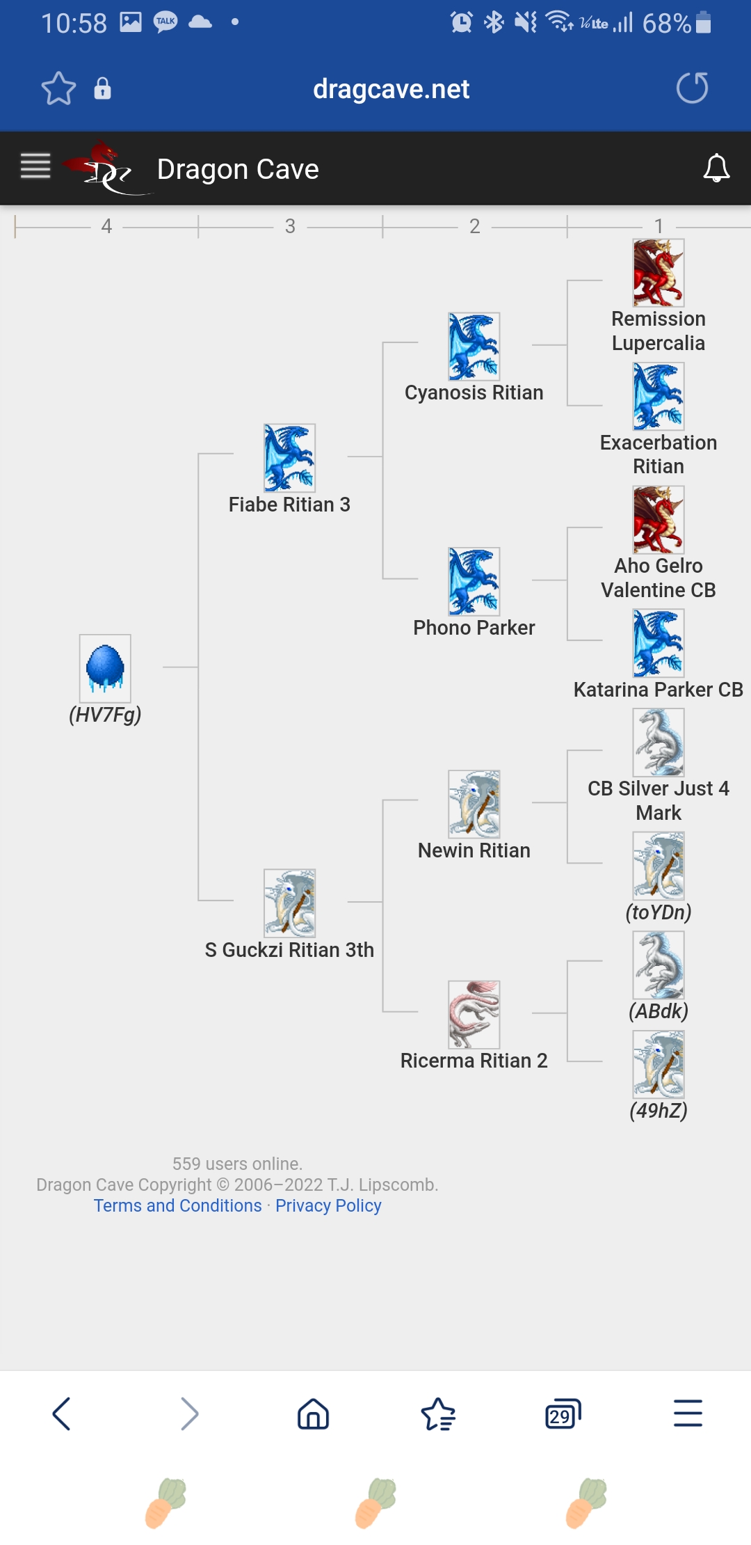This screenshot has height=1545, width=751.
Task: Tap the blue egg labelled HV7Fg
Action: pos(105,668)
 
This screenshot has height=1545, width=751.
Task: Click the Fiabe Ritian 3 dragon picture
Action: pos(289,458)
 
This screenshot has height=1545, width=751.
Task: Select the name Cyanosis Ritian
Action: pos(474,393)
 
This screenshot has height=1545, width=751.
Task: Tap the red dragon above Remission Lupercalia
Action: pos(659,273)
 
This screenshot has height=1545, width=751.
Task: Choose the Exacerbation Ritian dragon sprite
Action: pos(659,396)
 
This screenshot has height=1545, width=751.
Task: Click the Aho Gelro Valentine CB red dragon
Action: pos(659,520)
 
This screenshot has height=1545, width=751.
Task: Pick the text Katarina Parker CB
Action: pos(658,690)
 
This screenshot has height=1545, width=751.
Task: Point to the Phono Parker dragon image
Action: pos(474,581)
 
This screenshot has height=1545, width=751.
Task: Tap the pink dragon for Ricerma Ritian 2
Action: pos(474,1015)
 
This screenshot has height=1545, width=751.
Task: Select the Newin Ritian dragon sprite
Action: pos(474,804)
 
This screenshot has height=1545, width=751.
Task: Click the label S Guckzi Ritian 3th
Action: pos(289,950)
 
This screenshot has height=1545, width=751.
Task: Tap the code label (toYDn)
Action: pos(659,912)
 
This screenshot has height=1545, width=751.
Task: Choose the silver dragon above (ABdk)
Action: pos(659,965)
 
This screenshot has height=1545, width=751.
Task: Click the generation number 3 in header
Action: pos(290,226)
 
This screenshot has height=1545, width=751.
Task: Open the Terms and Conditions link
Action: pos(178,1205)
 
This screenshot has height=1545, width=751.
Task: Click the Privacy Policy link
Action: pos(328,1205)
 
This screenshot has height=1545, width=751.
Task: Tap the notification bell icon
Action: pos(716,168)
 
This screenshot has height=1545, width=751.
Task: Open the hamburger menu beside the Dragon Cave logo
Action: pos(35,166)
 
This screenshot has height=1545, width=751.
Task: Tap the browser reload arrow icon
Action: pos(692,88)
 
